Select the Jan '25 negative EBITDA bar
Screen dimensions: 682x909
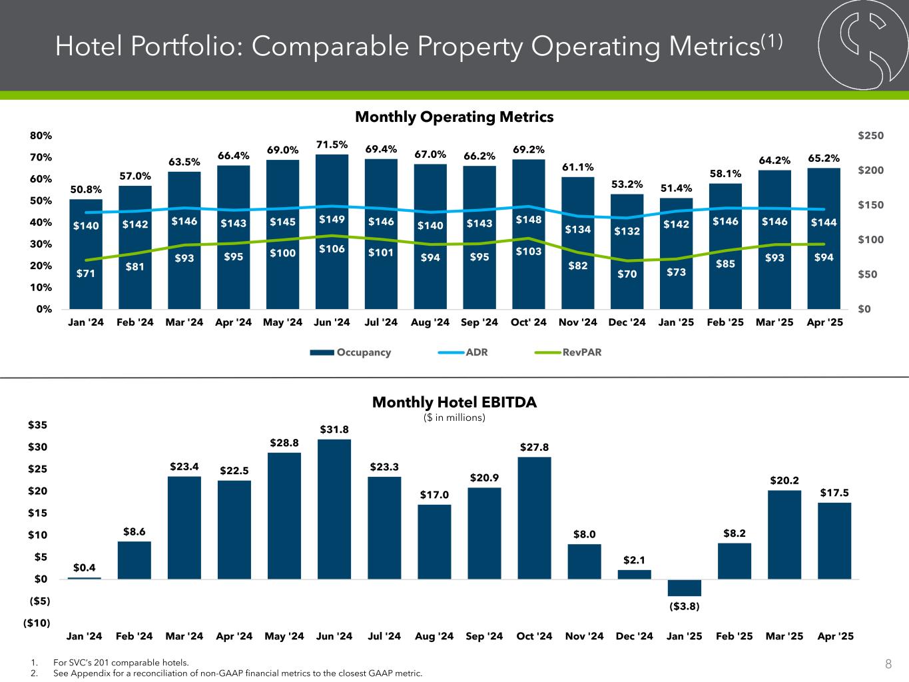(685, 587)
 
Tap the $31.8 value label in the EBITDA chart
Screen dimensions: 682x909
(334, 430)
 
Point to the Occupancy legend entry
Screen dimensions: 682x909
(350, 352)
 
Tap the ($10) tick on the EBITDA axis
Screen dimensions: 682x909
(38, 623)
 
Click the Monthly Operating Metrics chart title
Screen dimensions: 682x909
(454, 117)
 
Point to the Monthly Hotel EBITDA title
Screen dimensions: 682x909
(454, 402)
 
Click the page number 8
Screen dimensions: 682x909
(888, 663)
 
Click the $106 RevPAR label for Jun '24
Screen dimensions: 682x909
(332, 248)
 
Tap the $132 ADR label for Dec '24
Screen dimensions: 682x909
(627, 231)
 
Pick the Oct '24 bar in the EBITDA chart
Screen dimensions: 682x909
(534, 517)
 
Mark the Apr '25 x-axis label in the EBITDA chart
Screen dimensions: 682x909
(834, 636)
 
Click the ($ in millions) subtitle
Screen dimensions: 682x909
(454, 418)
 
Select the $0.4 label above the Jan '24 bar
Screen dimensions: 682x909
(85, 567)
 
